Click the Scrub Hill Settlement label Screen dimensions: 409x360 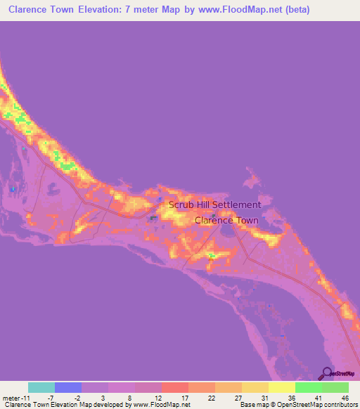pyautogui.click(x=214, y=205)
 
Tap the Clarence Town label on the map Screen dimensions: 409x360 pyautogui.click(x=226, y=220)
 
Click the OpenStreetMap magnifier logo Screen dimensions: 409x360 pyautogui.click(x=326, y=373)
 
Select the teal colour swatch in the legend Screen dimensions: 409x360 pyautogui.click(x=41, y=387)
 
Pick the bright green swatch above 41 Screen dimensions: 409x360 pyautogui.click(x=308, y=387)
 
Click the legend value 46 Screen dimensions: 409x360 pyautogui.click(x=335, y=397)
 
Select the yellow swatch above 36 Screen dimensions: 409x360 pyautogui.click(x=281, y=387)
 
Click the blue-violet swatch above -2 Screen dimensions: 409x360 pyautogui.click(x=68, y=387)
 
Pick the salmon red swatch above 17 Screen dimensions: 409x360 pyautogui.click(x=175, y=387)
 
